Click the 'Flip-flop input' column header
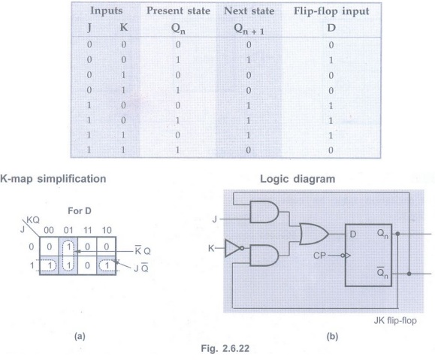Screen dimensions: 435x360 331,11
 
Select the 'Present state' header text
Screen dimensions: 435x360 178,11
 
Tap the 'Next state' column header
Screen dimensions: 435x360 249,11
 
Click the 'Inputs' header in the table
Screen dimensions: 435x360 106,11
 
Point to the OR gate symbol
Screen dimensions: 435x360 314,234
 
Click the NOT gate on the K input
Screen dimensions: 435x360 234,248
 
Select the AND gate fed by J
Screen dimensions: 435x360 264,212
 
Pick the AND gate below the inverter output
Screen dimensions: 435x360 264,256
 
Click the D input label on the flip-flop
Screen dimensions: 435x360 353,234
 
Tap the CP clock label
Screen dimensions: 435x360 319,256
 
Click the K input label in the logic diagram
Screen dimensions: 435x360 211,248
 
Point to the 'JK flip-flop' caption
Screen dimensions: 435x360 395,321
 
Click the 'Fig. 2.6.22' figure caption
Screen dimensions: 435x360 225,348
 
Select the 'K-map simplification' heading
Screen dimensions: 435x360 53,178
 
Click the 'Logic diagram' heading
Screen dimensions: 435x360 298,179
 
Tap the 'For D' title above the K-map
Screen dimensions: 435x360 80,211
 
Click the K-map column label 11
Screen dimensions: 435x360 87,230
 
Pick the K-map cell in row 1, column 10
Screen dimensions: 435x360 107,265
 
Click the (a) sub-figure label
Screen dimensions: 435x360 80,337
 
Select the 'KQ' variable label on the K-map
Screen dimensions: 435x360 33,220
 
